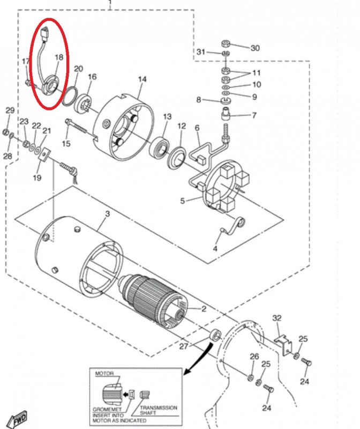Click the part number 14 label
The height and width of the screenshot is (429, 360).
(142, 79)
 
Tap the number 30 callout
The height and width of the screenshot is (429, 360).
(255, 48)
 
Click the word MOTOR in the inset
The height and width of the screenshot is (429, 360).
(104, 373)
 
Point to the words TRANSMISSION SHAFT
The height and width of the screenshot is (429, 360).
(159, 410)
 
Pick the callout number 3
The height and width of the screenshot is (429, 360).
(108, 213)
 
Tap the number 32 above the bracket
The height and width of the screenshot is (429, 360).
(277, 318)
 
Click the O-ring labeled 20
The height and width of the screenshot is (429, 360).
(69, 97)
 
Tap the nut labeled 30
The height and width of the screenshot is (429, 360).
(226, 43)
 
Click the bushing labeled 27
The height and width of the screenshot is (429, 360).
(215, 335)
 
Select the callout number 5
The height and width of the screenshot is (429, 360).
(182, 201)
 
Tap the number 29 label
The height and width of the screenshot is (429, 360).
(10, 110)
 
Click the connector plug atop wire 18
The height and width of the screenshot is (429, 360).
(44, 33)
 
